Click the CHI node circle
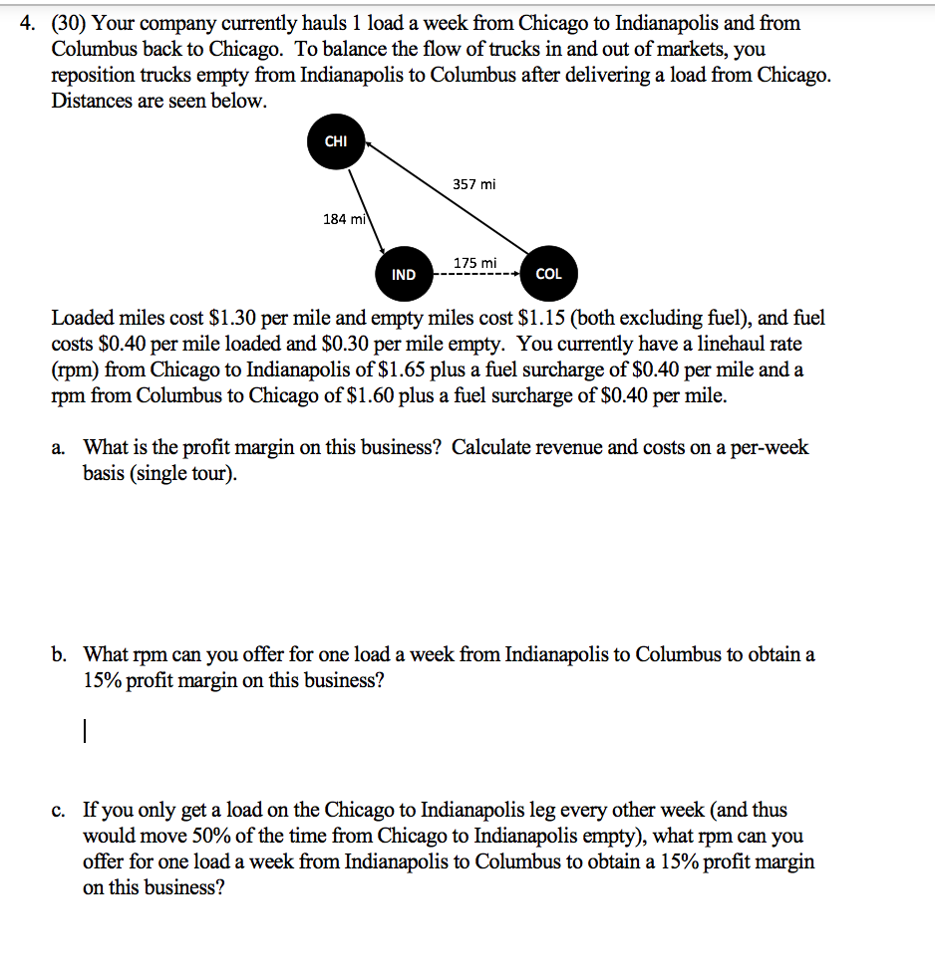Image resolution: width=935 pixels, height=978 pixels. (336, 141)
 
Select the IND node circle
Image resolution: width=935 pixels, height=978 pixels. (404, 274)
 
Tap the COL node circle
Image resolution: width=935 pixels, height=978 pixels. (548, 274)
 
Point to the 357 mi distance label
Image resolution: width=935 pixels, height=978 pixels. (473, 184)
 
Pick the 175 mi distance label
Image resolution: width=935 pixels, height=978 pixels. (474, 262)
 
